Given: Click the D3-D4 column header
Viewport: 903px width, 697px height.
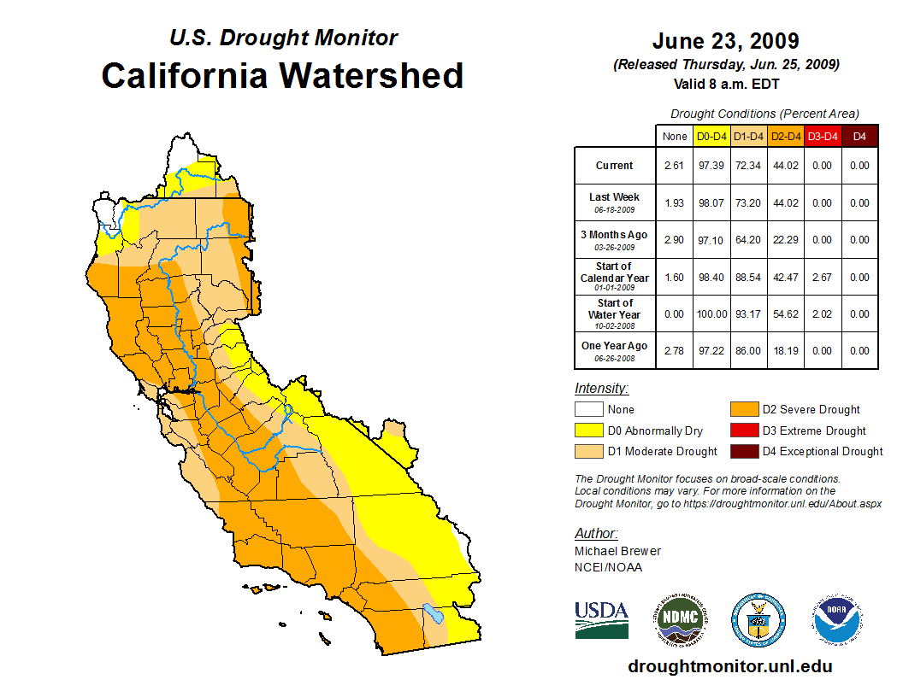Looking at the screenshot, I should (x=822, y=136).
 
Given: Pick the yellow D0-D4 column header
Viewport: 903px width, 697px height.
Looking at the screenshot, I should (x=711, y=136).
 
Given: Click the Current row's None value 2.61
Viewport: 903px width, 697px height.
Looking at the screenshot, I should (x=674, y=166).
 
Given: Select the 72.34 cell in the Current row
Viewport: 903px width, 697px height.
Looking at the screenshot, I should (x=748, y=166).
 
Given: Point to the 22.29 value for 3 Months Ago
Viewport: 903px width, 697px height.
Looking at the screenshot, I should (x=785, y=240).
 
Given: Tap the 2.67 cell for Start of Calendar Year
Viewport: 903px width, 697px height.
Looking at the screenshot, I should (x=822, y=278).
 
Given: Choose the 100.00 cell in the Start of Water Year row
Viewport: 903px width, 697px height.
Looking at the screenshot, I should (x=711, y=314).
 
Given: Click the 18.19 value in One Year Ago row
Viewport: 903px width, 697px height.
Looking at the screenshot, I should (x=785, y=351).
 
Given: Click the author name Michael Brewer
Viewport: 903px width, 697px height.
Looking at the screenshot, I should (x=617, y=551).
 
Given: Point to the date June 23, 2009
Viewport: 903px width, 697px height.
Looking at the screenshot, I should (x=725, y=41).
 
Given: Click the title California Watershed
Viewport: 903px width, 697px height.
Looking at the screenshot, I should (x=282, y=75).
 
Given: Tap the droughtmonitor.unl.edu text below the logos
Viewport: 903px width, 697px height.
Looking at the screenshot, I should (x=729, y=666).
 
